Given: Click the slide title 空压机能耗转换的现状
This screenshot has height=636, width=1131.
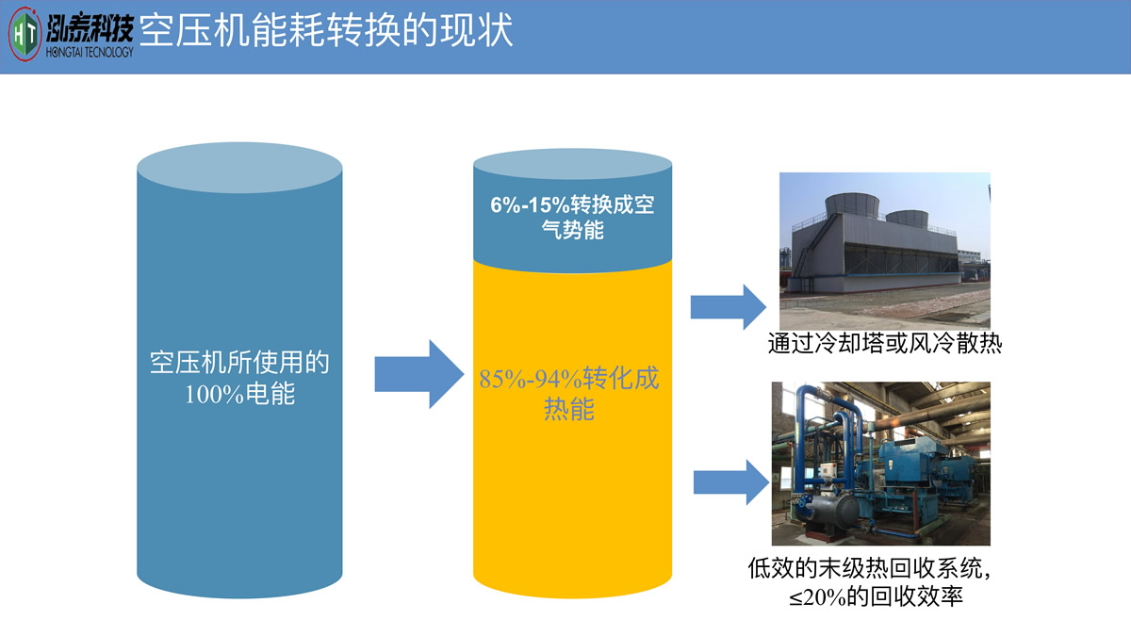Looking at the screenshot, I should [326, 30].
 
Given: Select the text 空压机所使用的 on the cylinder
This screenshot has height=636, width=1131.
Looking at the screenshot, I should [239, 363].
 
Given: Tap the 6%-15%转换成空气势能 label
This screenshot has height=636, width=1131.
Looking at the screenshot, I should [572, 218].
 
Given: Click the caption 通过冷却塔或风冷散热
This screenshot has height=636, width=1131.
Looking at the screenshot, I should [884, 344].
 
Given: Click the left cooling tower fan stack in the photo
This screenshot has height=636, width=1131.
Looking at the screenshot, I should [849, 204].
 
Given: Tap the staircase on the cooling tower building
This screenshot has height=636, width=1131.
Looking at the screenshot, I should [801, 253].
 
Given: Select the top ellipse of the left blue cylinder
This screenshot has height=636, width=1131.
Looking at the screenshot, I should [239, 170].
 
